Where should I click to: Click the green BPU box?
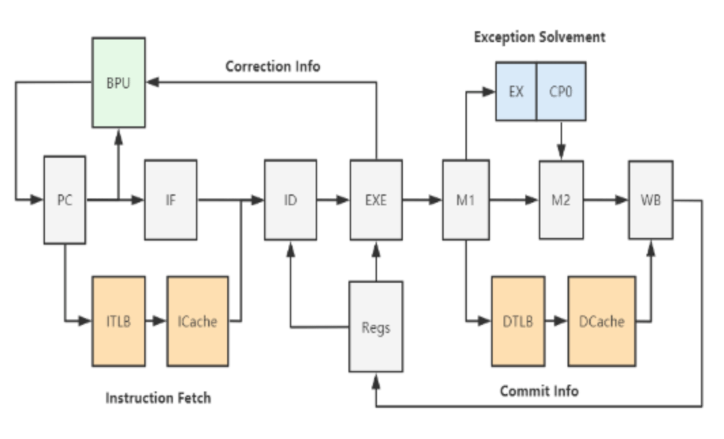coord(119,83)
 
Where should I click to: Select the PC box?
coord(65,200)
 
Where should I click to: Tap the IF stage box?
coord(170,200)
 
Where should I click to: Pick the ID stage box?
coord(291,200)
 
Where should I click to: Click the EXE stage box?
coord(376,200)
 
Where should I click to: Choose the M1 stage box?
coord(466,200)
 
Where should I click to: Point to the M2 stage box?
coord(561,200)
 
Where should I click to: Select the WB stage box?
coord(651,200)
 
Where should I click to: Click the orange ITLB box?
coord(118,321)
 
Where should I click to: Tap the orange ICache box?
coord(197,321)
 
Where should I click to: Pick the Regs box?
coord(376,327)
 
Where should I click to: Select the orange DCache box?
coord(602,321)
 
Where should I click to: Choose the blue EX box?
coord(516,91)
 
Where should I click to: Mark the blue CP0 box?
coord(561,91)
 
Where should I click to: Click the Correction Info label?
coord(273,67)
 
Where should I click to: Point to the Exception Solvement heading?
coord(539,37)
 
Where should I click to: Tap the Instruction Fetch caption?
coord(158,398)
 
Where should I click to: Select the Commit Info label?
coord(540,391)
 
